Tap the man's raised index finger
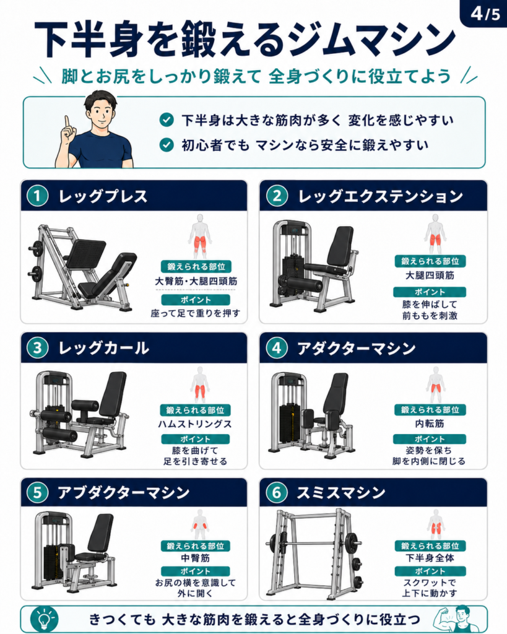(67, 122)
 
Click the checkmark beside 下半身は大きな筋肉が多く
(167, 119)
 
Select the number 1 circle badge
(38, 196)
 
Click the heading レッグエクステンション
(380, 196)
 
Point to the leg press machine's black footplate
(85, 253)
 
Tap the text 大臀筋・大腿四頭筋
(196, 281)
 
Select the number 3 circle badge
(38, 348)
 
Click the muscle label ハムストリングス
(195, 424)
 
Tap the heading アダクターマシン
(356, 349)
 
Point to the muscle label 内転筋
(430, 423)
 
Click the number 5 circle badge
(38, 492)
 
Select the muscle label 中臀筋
(195, 558)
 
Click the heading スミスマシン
(341, 492)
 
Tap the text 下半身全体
(430, 558)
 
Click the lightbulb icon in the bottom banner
(45, 619)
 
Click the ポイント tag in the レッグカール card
(195, 439)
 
